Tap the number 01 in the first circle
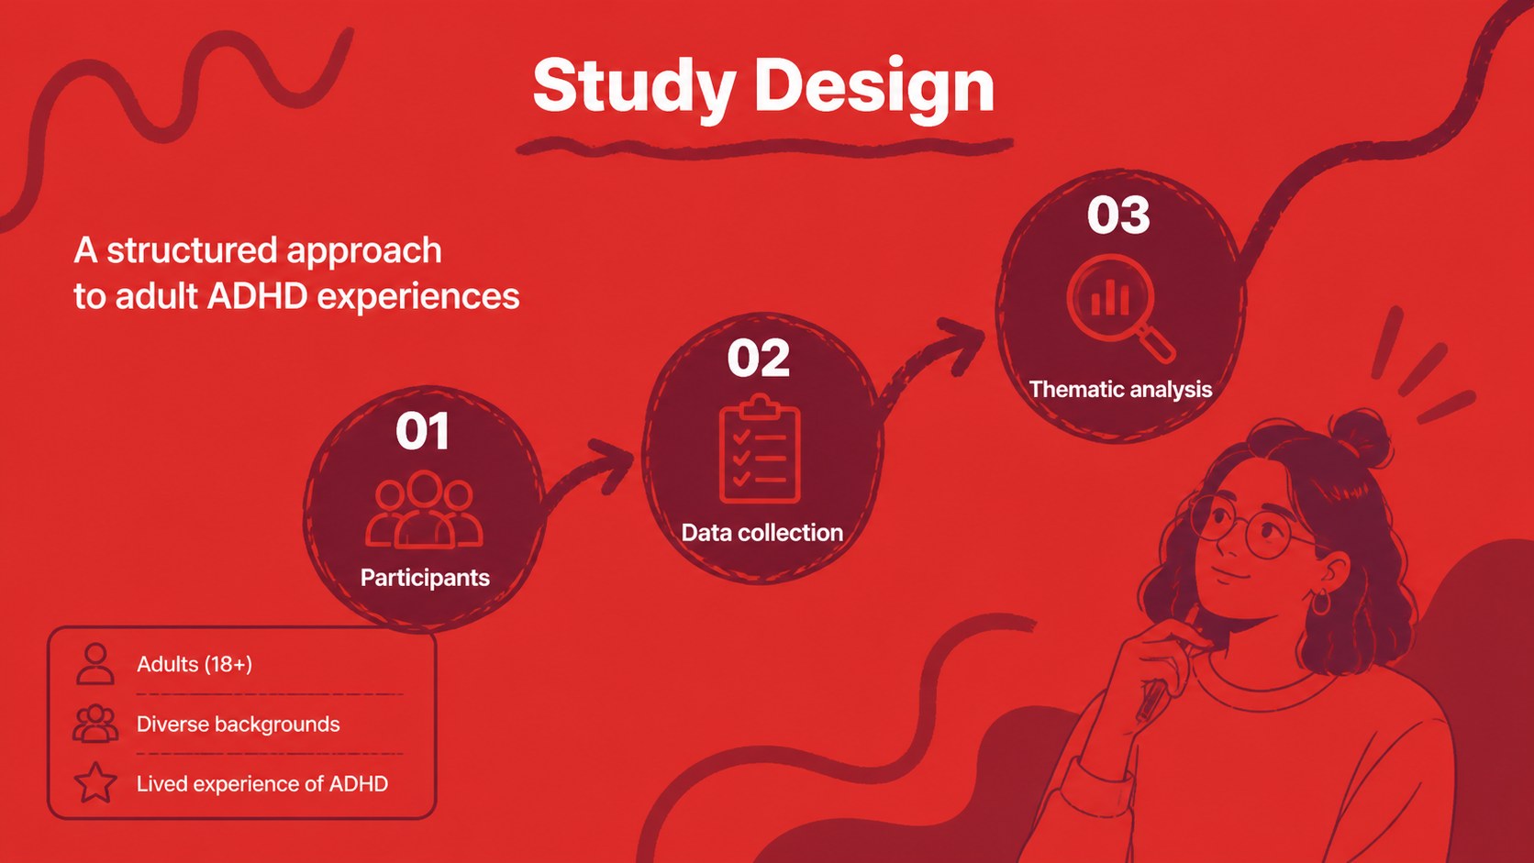pyautogui.click(x=423, y=431)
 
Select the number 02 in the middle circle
pyautogui.click(x=758, y=358)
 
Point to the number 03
pyautogui.click(x=1118, y=215)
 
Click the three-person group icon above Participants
pyautogui.click(x=424, y=510)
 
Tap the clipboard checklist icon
pyautogui.click(x=760, y=449)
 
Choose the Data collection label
pyautogui.click(x=762, y=533)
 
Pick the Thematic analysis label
pyautogui.click(x=1120, y=390)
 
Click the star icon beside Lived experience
pyautogui.click(x=95, y=782)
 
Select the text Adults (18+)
pyautogui.click(x=195, y=664)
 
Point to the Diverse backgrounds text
pyautogui.click(x=239, y=725)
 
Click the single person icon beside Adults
pyautogui.click(x=95, y=664)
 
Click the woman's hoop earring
pyautogui.click(x=1321, y=602)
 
